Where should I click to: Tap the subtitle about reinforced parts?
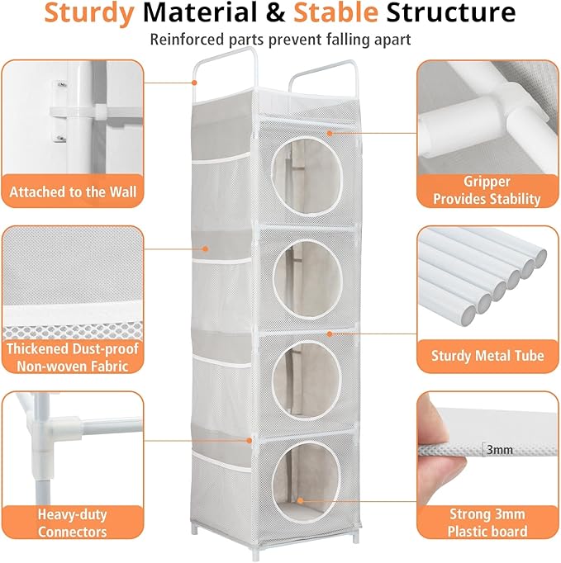(x=280, y=39)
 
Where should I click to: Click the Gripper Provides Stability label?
(x=486, y=191)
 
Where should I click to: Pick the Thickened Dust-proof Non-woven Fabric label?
(x=72, y=357)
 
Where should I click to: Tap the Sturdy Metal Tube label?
(x=487, y=356)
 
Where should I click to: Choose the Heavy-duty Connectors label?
(x=72, y=523)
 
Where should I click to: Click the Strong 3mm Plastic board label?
(x=487, y=523)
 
